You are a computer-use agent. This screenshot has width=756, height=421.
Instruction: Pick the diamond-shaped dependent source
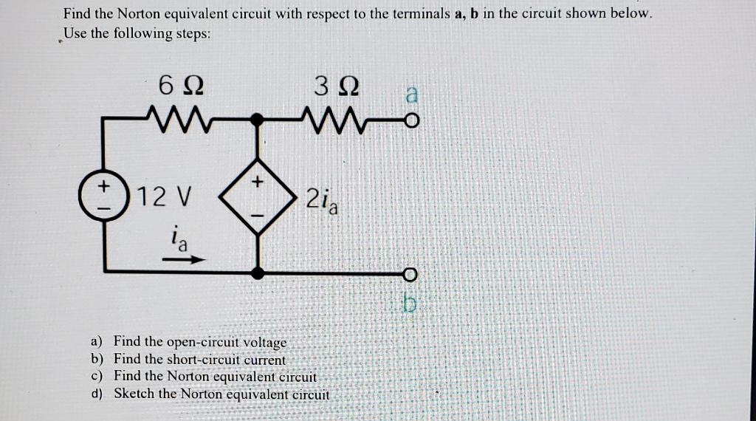pyautogui.click(x=258, y=198)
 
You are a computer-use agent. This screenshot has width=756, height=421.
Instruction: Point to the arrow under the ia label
pyautogui.click(x=182, y=259)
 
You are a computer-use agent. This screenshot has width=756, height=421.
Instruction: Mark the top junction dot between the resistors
pyautogui.click(x=258, y=117)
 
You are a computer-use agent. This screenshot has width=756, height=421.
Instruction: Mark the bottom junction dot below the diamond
pyautogui.click(x=258, y=273)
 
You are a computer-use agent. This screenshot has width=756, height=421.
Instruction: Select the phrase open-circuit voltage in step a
pyautogui.click(x=227, y=342)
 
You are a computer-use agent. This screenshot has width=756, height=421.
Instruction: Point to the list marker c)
pyautogui.click(x=97, y=376)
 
